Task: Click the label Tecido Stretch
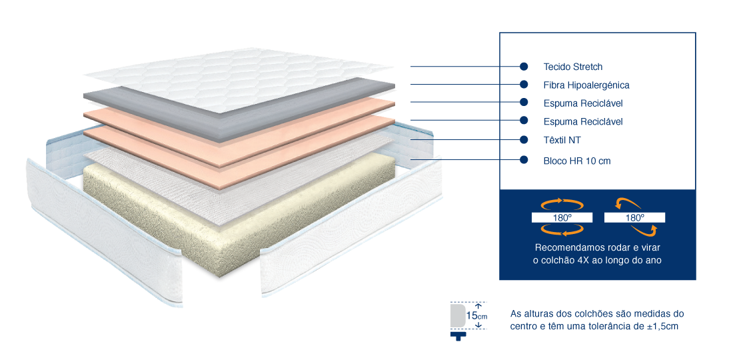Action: coord(573,67)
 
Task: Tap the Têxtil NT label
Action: coord(562,140)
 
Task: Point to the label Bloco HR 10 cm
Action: coord(577,161)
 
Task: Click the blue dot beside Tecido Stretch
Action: coord(524,67)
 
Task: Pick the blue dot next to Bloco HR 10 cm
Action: coord(524,160)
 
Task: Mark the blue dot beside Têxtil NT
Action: coord(524,139)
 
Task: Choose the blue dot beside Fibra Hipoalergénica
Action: coord(524,84)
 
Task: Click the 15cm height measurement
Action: coord(476,315)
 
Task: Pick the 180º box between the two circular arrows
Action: coord(562,217)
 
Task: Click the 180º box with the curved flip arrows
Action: coord(634,217)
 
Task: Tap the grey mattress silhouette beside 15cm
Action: coord(456,315)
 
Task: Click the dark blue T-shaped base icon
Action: coord(458,336)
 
